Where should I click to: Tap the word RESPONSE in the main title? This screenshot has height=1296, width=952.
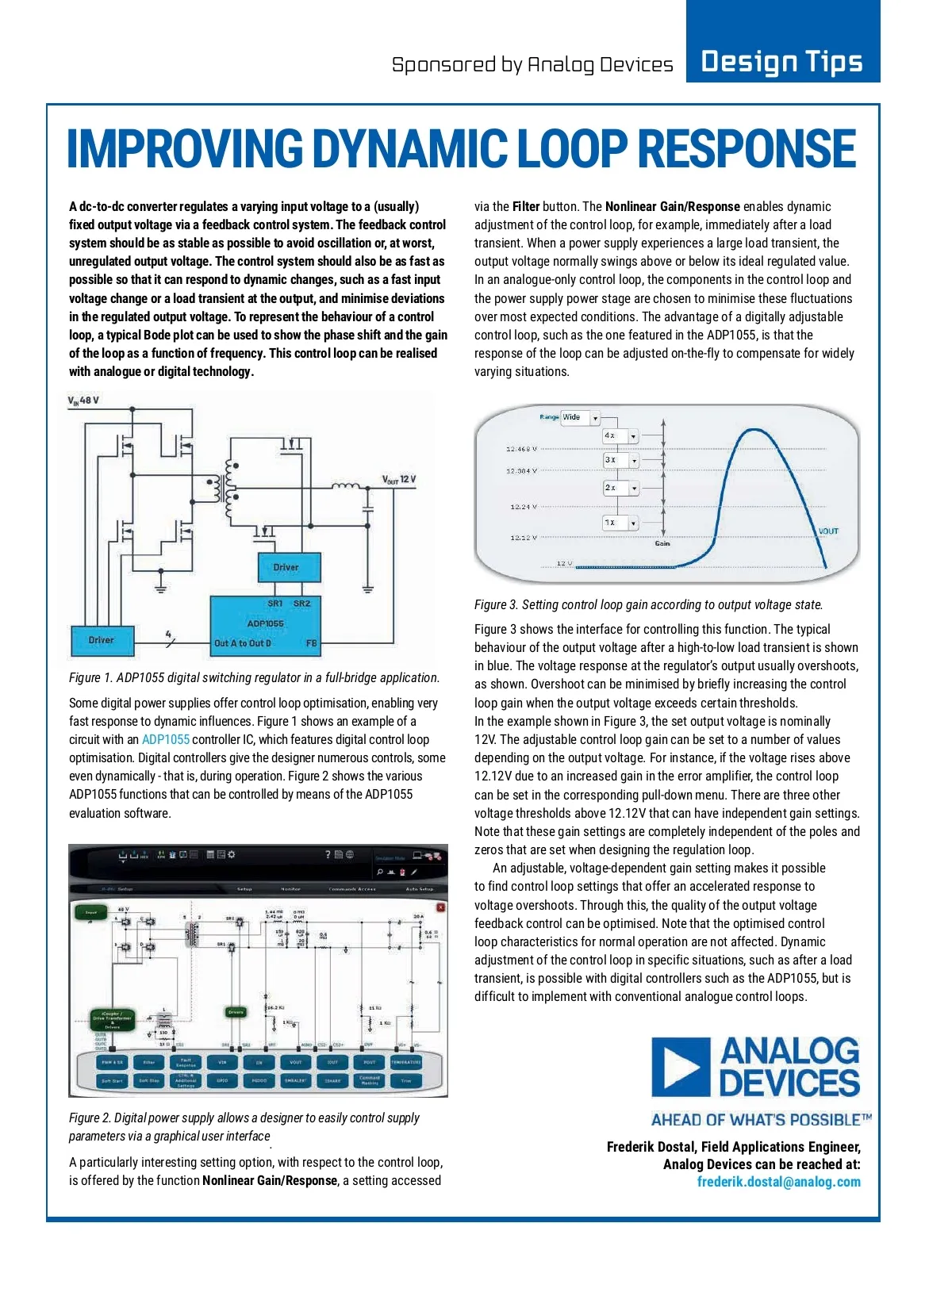pyautogui.click(x=747, y=150)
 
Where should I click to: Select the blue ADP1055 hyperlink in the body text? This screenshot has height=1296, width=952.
pyautogui.click(x=165, y=739)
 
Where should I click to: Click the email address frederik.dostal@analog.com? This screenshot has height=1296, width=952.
pyautogui.click(x=778, y=1182)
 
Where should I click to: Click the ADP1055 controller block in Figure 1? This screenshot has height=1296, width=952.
pyautogui.click(x=265, y=624)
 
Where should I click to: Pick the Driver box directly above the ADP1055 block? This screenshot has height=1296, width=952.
pyautogui.click(x=289, y=567)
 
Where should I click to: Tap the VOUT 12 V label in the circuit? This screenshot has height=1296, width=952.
pyautogui.click(x=399, y=479)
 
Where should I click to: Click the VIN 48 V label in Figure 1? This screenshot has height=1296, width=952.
pyautogui.click(x=84, y=401)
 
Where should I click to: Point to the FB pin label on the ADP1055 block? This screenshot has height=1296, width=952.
pyautogui.click(x=312, y=643)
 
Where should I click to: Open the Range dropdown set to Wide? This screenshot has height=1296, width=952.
pyautogui.click(x=580, y=417)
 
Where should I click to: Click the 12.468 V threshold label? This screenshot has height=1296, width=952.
pyautogui.click(x=521, y=449)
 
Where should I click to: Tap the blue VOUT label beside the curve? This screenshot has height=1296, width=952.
pyautogui.click(x=828, y=531)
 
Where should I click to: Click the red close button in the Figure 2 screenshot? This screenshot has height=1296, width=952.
pyautogui.click(x=440, y=907)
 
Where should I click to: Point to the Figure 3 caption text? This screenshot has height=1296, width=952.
pyautogui.click(x=648, y=604)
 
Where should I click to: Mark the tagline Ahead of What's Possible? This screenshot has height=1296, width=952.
pyautogui.click(x=761, y=1120)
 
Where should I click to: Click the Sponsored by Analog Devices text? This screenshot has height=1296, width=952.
pyautogui.click(x=532, y=65)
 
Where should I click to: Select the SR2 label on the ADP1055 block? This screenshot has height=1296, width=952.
pyautogui.click(x=301, y=604)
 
